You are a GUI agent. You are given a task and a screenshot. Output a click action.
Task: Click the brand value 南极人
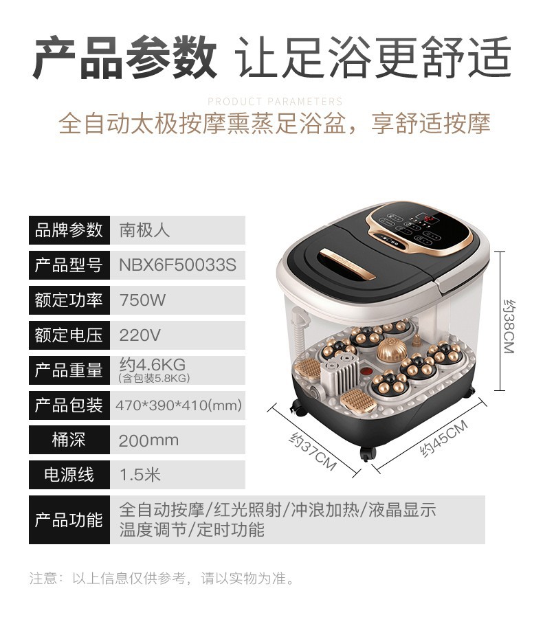(144, 230)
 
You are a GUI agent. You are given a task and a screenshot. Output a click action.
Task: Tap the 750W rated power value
(142, 300)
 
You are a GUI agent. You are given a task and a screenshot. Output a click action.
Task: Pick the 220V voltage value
(140, 335)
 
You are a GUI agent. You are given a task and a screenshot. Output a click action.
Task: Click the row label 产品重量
(69, 370)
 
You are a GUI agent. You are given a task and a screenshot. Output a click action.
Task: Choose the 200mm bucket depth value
(148, 440)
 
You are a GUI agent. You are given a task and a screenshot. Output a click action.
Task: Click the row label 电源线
(69, 475)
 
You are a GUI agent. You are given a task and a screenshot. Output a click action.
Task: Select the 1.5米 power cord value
(140, 475)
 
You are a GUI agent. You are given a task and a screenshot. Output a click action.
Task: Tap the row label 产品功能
(69, 519)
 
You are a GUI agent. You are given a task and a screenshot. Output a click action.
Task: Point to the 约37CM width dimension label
(312, 451)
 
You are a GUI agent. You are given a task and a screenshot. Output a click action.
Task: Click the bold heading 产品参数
(126, 58)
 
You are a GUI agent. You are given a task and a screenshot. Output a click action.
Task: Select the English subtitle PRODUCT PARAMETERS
(274, 102)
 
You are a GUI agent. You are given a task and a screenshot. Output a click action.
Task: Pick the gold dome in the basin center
(390, 353)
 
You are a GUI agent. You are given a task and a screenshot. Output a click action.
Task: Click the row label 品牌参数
(69, 230)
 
